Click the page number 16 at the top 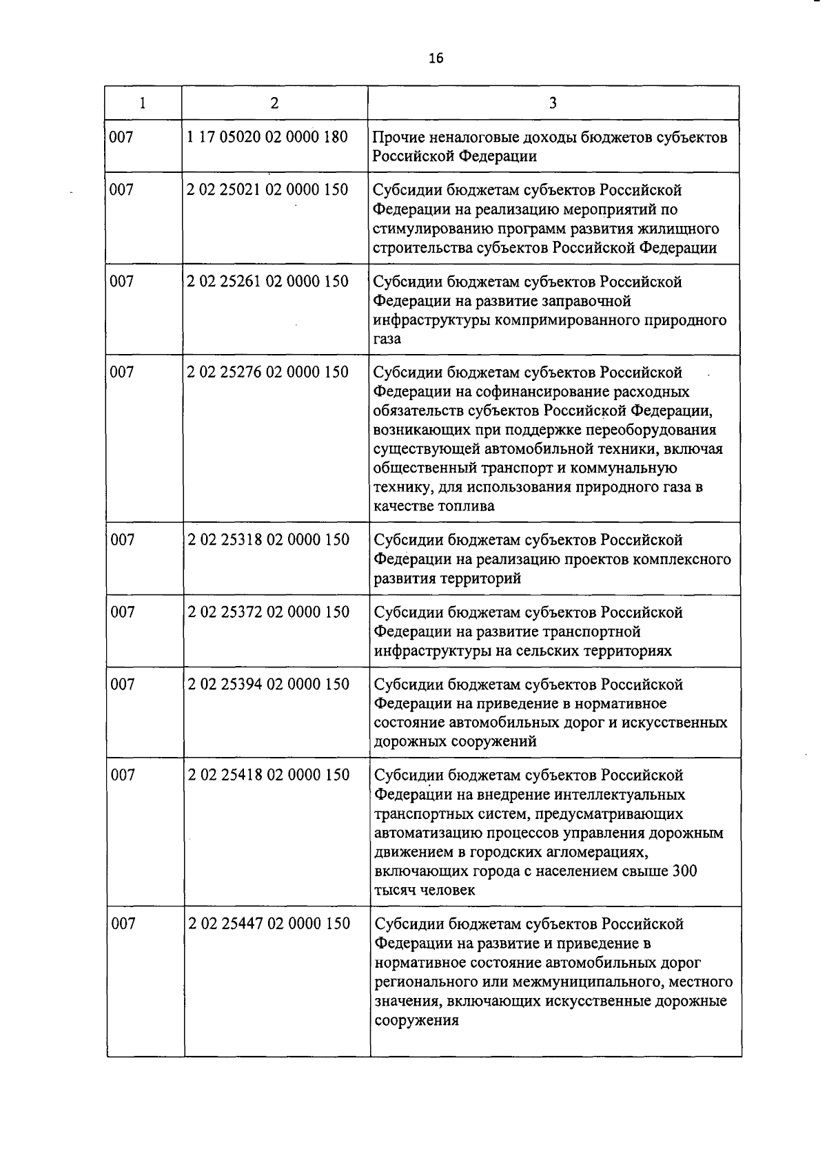(x=436, y=58)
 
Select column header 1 (x=143, y=103)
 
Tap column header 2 (x=274, y=103)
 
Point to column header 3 (x=553, y=103)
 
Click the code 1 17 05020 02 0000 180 (x=267, y=137)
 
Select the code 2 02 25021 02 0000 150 (x=267, y=189)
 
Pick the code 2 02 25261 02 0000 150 (x=267, y=282)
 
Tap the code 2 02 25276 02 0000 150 (x=267, y=373)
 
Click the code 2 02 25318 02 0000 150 (x=269, y=540)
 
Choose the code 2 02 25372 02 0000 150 (x=269, y=612)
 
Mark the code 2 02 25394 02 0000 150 (x=269, y=685)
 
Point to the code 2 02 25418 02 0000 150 (x=269, y=775)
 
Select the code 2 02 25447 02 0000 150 (x=269, y=924)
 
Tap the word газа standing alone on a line (x=387, y=340)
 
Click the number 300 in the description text (x=684, y=871)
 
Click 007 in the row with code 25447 (x=123, y=924)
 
